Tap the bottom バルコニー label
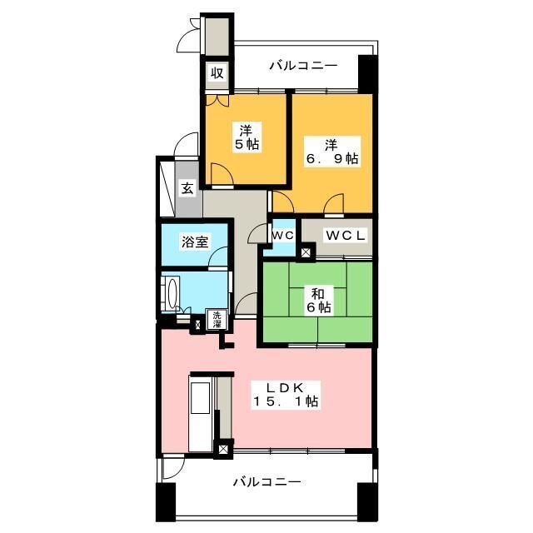click(266, 481)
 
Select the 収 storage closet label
click(217, 72)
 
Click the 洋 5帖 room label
click(247, 137)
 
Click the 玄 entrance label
click(187, 188)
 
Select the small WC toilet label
click(282, 235)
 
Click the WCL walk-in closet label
click(345, 235)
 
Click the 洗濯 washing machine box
click(217, 317)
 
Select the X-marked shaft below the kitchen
click(222, 449)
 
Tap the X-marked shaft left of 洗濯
click(198, 323)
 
